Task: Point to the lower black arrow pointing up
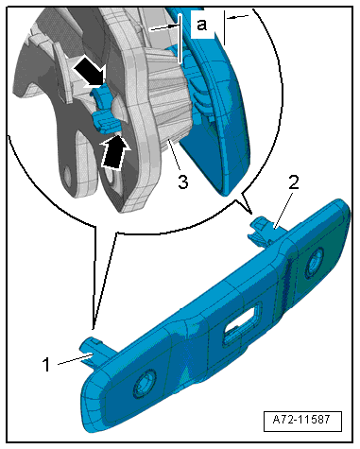pos(112,148)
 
